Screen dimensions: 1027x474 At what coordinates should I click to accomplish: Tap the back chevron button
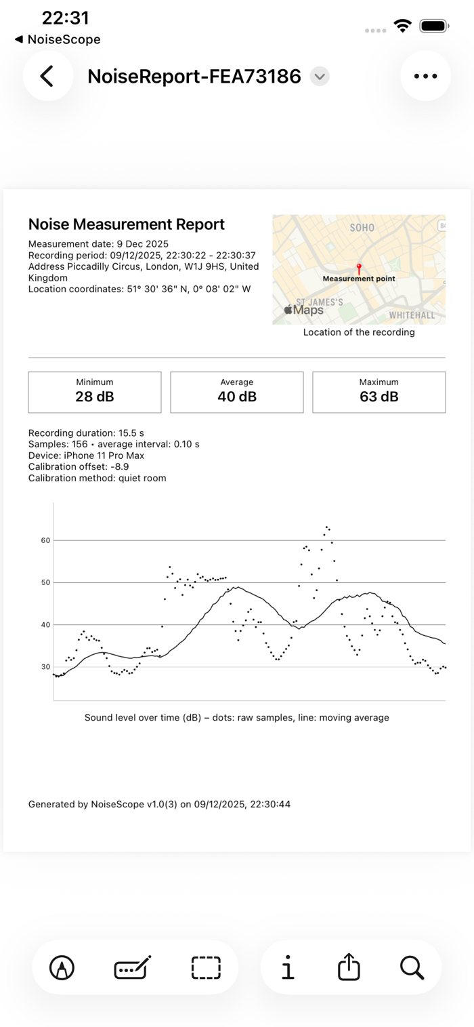47,76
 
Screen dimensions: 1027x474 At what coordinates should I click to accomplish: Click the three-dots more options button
425,76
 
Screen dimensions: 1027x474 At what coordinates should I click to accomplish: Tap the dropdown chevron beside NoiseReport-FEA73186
320,76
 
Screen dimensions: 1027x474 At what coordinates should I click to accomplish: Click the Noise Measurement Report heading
127,224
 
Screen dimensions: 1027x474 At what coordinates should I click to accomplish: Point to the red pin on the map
359,268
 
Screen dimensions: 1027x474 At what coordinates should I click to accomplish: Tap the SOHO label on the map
362,228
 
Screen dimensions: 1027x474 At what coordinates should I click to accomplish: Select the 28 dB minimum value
95,397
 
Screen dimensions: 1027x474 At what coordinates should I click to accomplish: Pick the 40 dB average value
237,397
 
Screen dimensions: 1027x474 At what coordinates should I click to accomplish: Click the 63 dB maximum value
379,397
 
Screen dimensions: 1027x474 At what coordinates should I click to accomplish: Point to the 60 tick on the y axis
46,540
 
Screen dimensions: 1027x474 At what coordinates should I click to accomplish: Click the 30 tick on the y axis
46,667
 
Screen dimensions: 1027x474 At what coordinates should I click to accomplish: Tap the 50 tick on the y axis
46,582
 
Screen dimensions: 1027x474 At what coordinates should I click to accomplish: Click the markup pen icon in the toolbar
62,967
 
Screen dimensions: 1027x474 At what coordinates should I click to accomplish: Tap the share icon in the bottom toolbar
349,967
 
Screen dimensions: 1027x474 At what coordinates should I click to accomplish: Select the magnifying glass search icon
412,967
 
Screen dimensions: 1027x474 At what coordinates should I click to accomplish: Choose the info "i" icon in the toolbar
288,967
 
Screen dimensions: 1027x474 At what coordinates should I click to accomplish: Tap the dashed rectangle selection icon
206,967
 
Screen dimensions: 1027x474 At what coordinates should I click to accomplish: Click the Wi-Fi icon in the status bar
403,26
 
